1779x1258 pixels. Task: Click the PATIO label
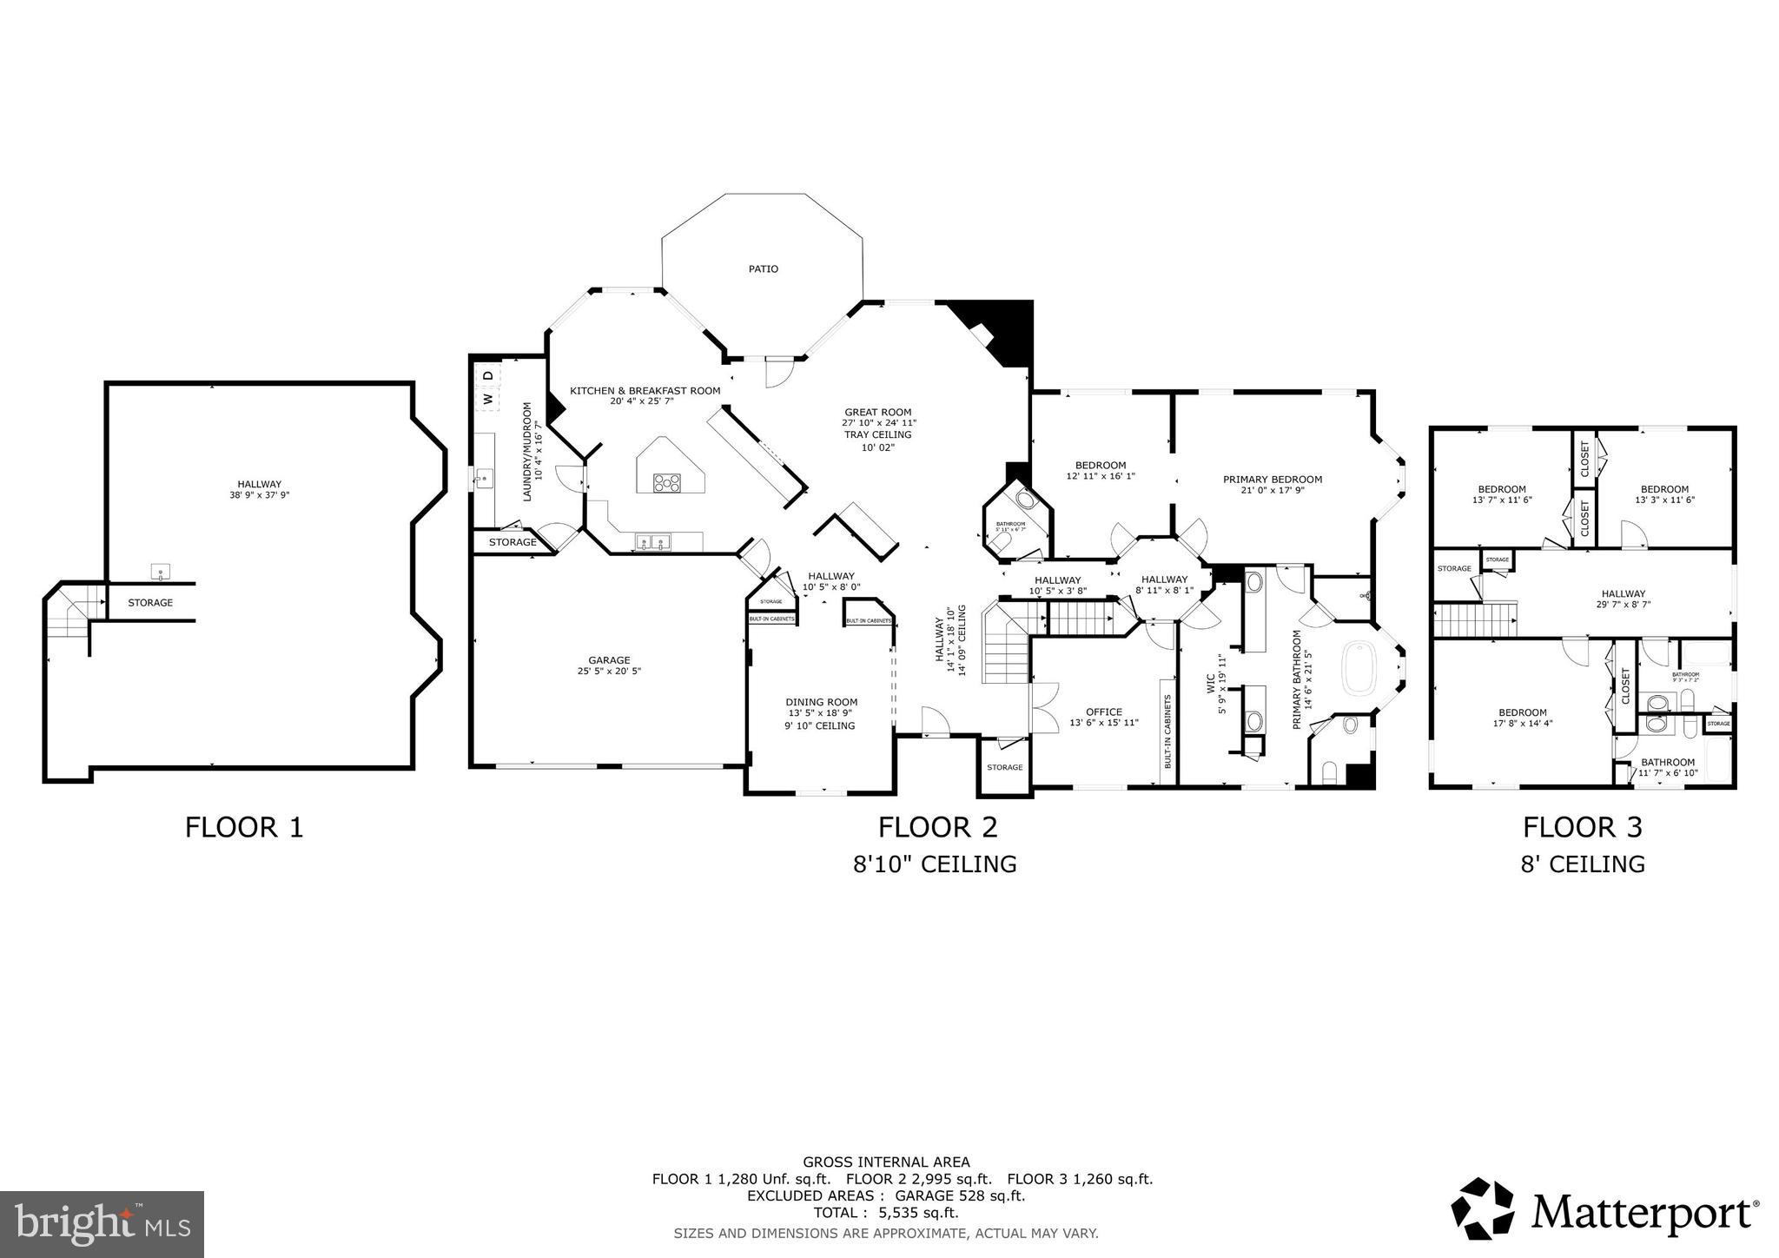[763, 269]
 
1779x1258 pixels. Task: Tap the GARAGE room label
[609, 660]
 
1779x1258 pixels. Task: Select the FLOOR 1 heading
[244, 826]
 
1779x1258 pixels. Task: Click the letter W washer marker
[487, 400]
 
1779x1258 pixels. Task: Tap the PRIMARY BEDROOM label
[1272, 480]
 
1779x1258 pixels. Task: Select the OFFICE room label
[1103, 712]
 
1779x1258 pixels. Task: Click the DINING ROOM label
[821, 702]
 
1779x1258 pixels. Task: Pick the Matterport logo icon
[1483, 1208]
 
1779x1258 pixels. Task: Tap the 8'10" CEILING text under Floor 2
[934, 864]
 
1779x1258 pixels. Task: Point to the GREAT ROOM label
[877, 413]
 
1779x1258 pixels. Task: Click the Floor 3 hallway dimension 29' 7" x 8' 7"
[1624, 605]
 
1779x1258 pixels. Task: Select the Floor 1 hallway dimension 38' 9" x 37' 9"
[259, 496]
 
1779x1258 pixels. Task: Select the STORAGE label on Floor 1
[150, 602]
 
